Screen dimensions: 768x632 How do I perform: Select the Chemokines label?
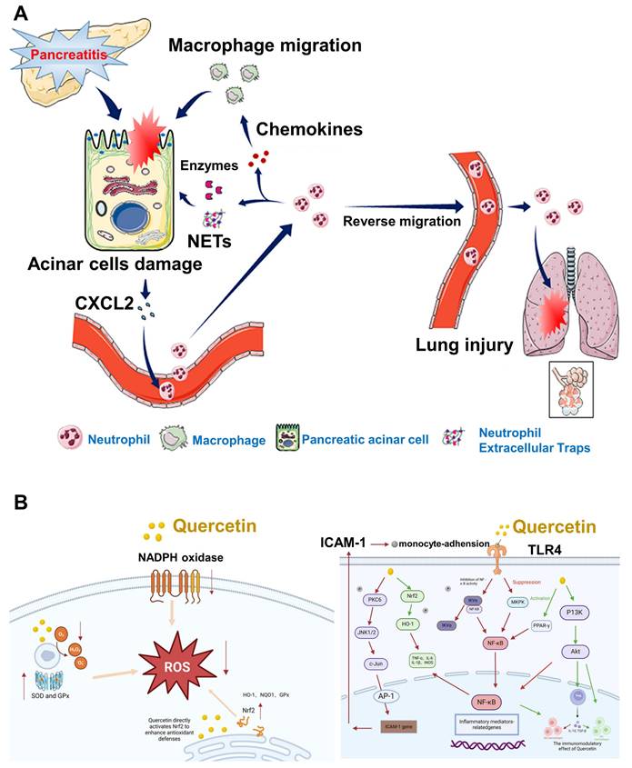(x=310, y=130)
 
